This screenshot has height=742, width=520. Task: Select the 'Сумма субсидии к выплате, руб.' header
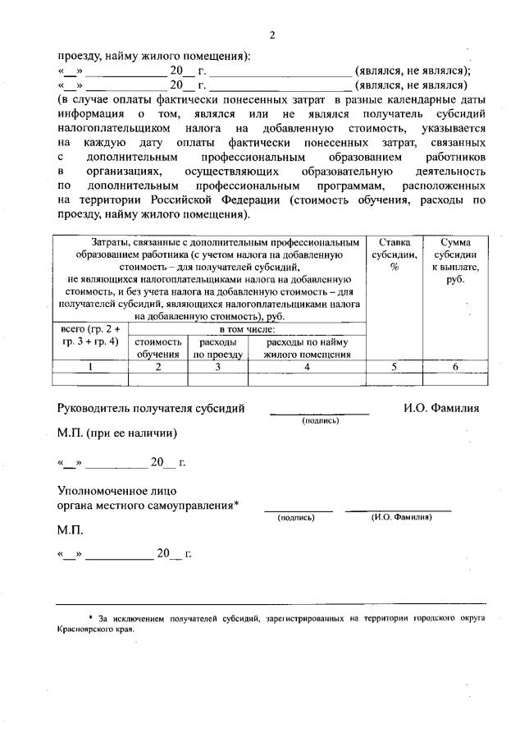(x=452, y=261)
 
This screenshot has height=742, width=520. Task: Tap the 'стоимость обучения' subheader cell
(x=158, y=348)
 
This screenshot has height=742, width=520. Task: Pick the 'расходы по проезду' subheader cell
(x=217, y=348)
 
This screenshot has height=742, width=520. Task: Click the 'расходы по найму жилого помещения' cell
(x=307, y=348)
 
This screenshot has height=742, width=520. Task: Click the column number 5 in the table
(x=393, y=367)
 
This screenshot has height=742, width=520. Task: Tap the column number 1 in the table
(x=90, y=367)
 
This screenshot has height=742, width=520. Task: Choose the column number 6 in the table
(x=452, y=367)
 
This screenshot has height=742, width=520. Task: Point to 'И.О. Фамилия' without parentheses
(x=441, y=407)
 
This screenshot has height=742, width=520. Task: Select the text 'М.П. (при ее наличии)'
(x=116, y=432)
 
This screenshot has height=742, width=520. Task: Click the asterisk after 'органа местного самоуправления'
(x=236, y=504)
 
